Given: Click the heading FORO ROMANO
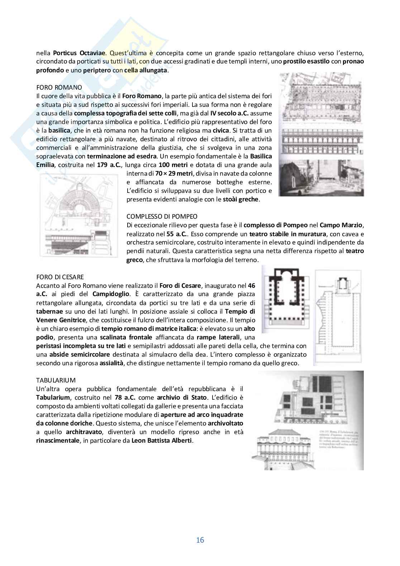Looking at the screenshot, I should [59, 87].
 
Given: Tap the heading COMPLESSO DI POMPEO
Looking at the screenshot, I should [162, 217].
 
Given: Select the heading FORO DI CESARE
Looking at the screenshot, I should [60, 277].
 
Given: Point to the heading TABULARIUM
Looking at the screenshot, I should [56, 380].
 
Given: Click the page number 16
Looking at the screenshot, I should [200, 540].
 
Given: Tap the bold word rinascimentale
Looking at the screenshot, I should [58, 441].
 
